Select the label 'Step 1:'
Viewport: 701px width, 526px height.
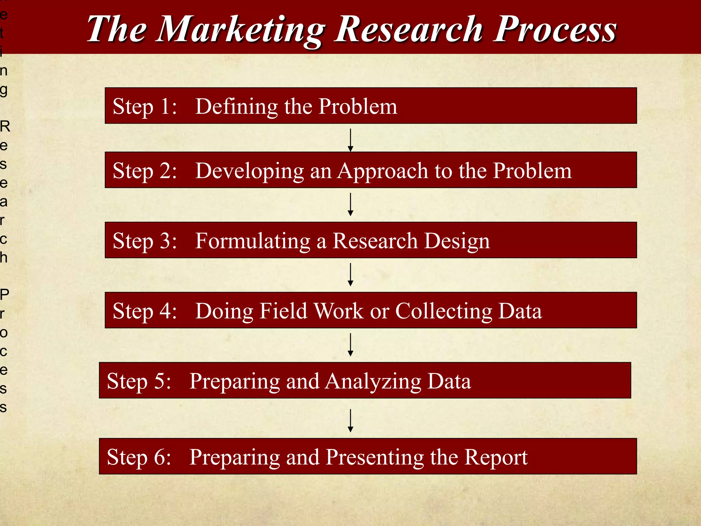[145, 106]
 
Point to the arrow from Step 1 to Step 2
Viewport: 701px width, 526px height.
[350, 140]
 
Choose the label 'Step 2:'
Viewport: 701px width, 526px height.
[145, 171]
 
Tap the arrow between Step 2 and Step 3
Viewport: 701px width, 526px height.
[350, 204]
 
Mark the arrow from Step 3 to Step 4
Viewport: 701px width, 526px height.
[350, 274]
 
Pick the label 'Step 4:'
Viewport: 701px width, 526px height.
[145, 311]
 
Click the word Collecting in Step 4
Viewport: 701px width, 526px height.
[444, 311]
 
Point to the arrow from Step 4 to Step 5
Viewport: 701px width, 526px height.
[350, 345]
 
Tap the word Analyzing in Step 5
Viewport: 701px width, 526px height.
[373, 381]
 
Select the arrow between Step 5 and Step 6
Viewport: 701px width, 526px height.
[350, 421]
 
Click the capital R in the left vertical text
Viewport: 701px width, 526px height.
[5, 127]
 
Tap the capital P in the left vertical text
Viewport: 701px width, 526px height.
[4, 294]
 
